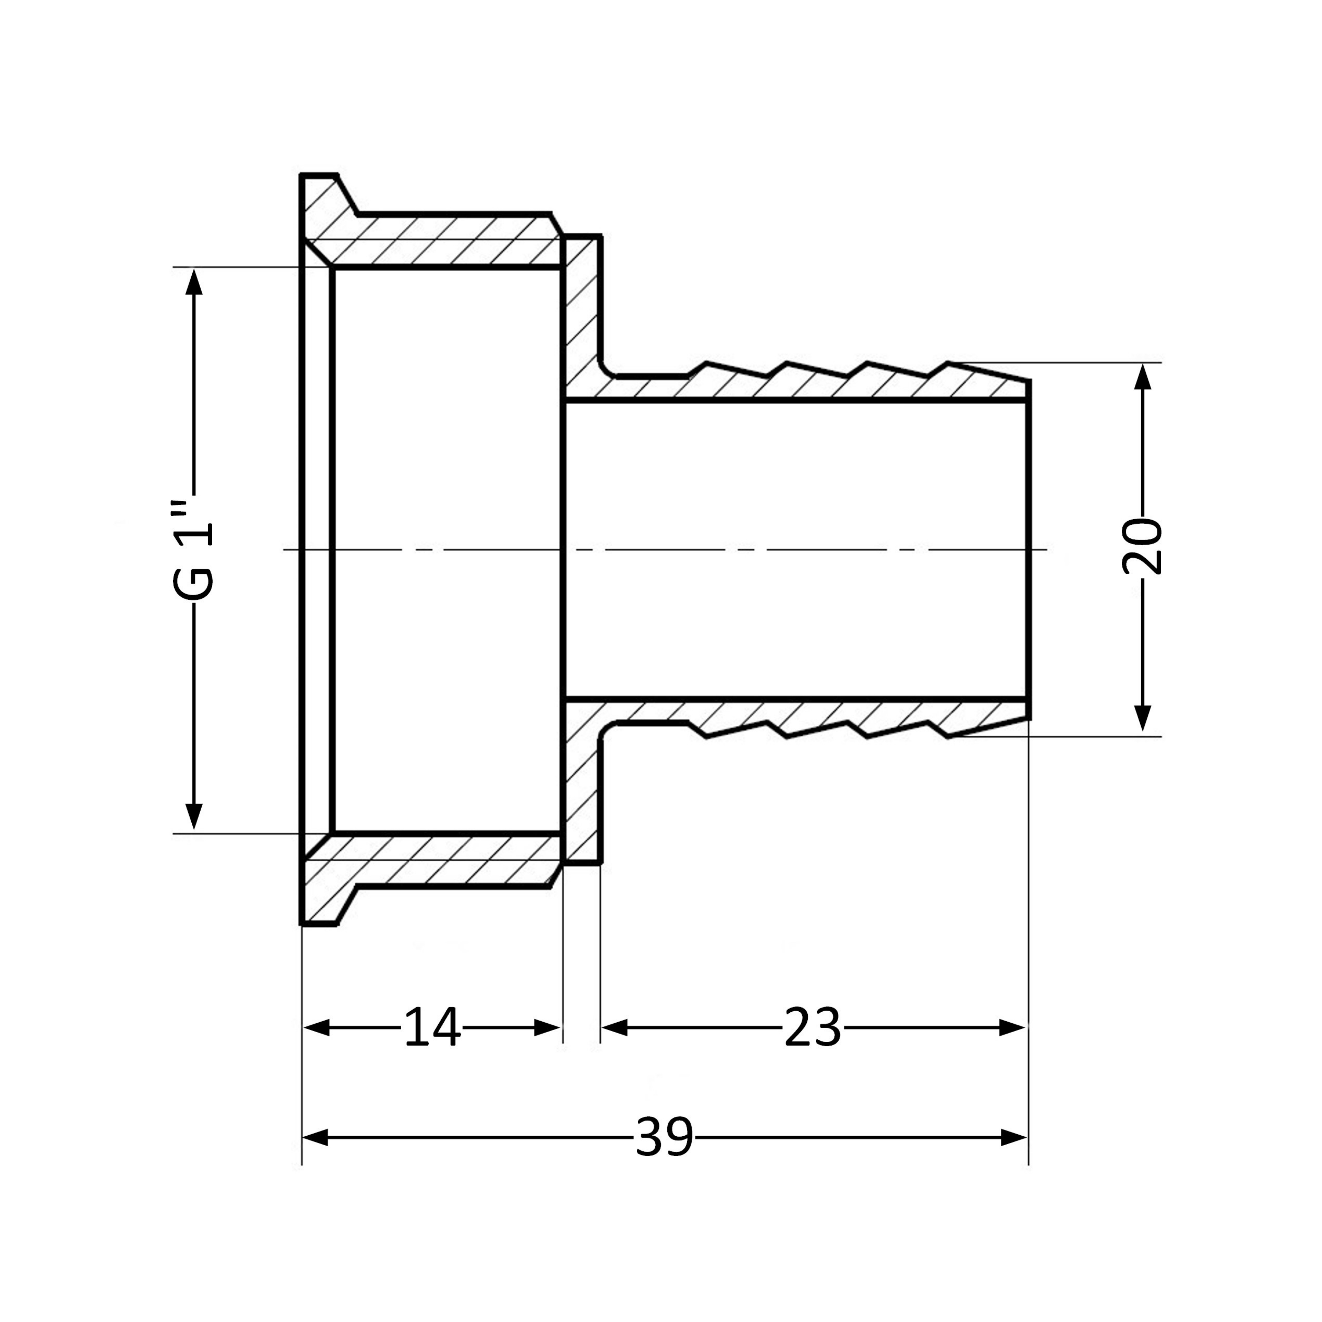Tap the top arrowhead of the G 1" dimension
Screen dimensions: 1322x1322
(194, 282)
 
